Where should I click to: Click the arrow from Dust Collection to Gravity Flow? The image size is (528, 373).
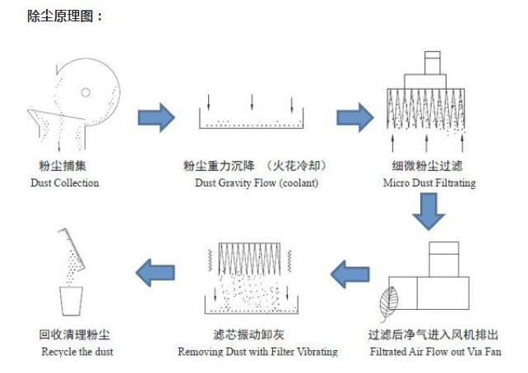[x=155, y=117]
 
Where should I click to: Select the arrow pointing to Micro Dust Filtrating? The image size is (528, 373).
[x=354, y=117]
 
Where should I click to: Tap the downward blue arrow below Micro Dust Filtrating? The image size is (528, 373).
[x=428, y=214]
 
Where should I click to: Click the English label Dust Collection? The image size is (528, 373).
[x=64, y=182]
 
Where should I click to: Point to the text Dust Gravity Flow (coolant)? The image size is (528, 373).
[x=255, y=182]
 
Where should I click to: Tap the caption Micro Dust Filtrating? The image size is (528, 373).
[x=428, y=182]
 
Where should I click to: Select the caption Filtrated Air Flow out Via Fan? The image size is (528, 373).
[x=434, y=352]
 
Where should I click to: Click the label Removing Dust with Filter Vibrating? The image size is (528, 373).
[x=257, y=352]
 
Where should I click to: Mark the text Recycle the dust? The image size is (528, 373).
[x=77, y=352]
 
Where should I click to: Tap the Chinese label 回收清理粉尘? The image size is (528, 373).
[x=75, y=335]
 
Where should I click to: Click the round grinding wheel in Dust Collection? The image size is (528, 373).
[x=86, y=87]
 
